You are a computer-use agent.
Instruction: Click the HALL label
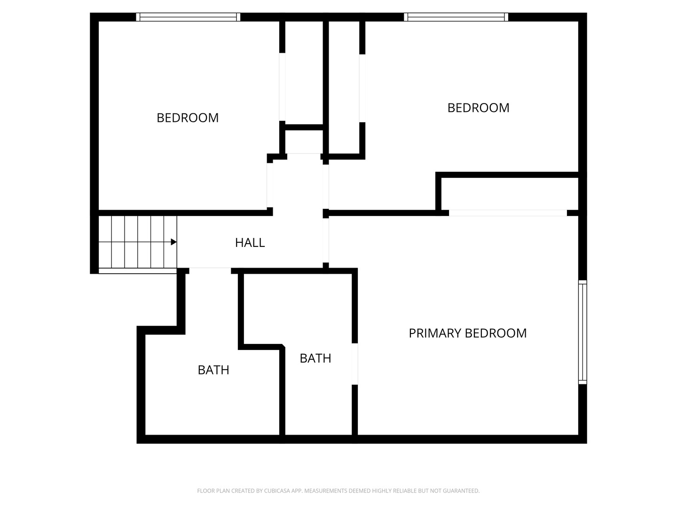250,243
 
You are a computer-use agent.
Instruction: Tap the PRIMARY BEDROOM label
468,333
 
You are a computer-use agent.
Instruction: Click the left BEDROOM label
188,118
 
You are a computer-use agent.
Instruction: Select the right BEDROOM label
479,108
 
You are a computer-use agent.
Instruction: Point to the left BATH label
213,370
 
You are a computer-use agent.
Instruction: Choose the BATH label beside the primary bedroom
315,358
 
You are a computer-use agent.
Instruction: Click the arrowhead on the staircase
173,242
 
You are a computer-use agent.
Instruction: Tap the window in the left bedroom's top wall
188,17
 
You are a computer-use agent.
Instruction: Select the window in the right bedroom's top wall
456,17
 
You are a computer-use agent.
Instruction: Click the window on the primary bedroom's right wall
583,332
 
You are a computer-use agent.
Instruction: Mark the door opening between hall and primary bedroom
326,240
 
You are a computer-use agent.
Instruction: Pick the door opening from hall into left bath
210,271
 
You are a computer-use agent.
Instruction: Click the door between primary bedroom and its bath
354,364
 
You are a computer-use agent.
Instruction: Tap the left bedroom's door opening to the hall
270,185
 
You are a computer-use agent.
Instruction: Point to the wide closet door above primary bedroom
508,213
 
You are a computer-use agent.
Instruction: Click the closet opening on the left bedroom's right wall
282,87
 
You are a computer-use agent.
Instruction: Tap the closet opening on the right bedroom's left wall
362,88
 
